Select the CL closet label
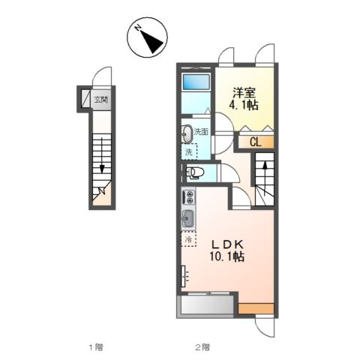coord(255,141)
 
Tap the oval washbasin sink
coord(186,133)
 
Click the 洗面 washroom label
coord(201,133)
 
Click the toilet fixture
coord(193,173)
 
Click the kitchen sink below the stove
coord(187,220)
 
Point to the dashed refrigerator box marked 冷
coord(188,240)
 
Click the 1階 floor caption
coord(94,346)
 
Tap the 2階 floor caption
coord(201,346)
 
